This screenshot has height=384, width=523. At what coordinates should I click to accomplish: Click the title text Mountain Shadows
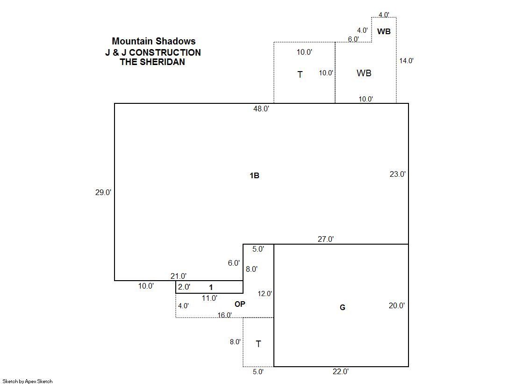pos(153,41)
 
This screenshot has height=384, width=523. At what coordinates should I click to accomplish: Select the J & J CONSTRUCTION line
pos(153,52)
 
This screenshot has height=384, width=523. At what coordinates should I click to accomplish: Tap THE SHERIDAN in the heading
pos(152,62)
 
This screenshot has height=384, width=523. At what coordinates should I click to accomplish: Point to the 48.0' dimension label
pos(261,109)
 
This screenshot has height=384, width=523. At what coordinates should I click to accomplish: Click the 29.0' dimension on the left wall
pos(103,192)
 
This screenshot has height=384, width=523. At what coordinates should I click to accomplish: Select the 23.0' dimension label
pos(398,174)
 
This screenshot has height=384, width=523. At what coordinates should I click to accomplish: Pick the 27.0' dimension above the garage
pos(326,239)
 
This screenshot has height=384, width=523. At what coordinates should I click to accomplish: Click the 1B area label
pos(255,176)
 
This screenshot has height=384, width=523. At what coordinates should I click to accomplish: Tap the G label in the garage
pos(343,308)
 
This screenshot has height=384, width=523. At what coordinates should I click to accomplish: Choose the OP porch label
pos(240,304)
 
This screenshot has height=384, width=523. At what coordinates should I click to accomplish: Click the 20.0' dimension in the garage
pos(397,305)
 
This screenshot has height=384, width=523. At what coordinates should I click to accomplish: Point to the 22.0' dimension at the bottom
pos(341,371)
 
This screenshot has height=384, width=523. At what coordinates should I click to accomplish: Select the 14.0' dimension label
pos(406,61)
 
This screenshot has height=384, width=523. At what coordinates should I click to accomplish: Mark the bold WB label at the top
pos(384,31)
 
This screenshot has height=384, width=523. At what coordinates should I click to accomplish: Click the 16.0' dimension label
pos(224,315)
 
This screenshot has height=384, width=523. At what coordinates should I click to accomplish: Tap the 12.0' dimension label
pos(265,294)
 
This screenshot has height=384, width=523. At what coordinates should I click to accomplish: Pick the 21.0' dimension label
pos(179,276)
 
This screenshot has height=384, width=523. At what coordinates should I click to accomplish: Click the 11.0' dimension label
pos(209,298)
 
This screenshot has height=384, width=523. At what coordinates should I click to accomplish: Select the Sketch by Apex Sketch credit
pos(28,381)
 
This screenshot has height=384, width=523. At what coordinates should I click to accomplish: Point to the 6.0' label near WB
pos(353,39)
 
